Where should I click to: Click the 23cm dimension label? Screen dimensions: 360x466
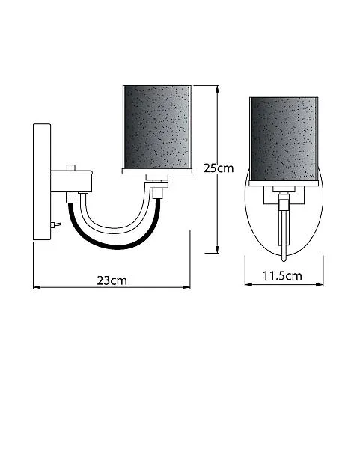(112, 280)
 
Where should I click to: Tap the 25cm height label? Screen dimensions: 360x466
(219, 168)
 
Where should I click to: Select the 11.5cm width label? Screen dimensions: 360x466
(282, 276)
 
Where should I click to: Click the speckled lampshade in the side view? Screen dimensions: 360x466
(157, 127)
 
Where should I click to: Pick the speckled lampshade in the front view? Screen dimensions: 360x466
(284, 139)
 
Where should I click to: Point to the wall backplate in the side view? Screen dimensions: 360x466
(42, 182)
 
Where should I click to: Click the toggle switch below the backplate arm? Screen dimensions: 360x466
(56, 224)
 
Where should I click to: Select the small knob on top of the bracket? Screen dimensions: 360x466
(70, 168)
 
